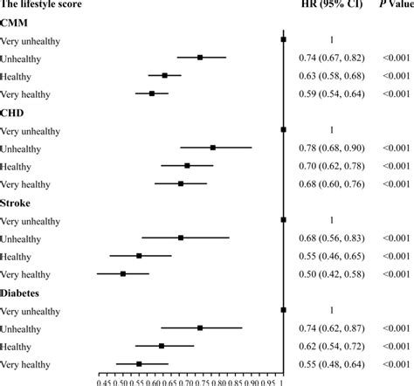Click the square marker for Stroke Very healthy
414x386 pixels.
pyautogui.click(x=123, y=273)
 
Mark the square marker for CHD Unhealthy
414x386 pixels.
pyautogui.click(x=213, y=148)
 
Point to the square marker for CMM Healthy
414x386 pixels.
pyautogui.click(x=165, y=75)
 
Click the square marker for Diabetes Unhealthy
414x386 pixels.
pyautogui.click(x=200, y=327)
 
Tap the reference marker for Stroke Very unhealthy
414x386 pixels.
pyautogui.click(x=283, y=220)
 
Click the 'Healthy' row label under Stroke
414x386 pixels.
pyautogui.click(x=17, y=256)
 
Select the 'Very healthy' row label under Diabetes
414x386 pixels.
pyautogui.click(x=25, y=363)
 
